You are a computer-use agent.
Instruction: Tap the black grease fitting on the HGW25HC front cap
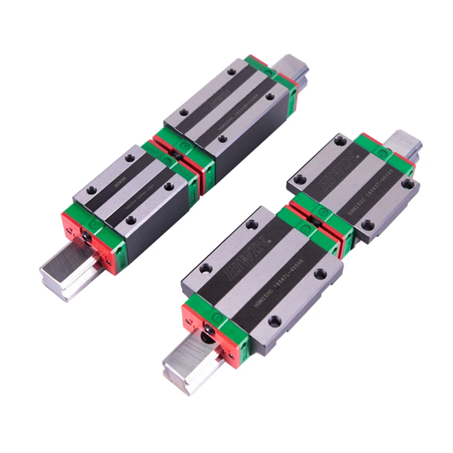209,330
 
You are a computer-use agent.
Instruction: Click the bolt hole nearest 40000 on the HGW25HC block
275,321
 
